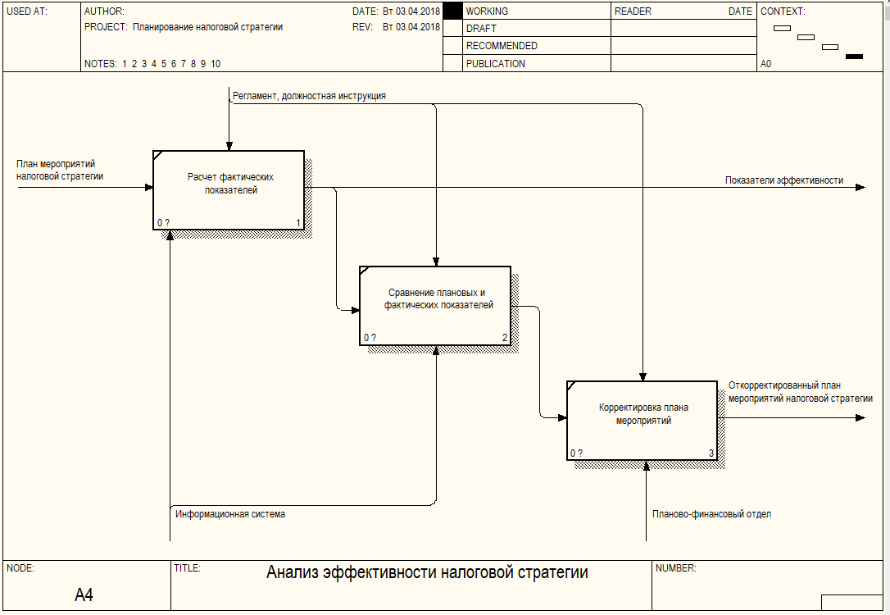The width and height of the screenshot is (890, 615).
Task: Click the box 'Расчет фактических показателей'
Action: tap(229, 190)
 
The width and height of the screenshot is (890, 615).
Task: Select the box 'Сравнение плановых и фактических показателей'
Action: tap(435, 306)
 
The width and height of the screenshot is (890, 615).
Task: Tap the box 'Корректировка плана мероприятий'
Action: tap(642, 420)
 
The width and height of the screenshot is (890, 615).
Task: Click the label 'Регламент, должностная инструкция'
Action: tap(309, 96)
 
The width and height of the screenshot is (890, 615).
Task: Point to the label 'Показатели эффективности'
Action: tap(783, 180)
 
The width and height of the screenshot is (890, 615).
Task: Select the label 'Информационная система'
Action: tap(230, 514)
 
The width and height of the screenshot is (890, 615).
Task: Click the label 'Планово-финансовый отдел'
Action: tap(712, 514)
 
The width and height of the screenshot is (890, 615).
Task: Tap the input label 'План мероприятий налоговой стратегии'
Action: tap(60, 170)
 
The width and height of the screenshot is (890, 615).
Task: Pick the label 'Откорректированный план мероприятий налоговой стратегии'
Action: tap(801, 392)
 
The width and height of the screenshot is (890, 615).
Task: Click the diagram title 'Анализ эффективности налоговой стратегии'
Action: tap(427, 572)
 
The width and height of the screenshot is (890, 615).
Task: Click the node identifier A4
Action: tap(84, 594)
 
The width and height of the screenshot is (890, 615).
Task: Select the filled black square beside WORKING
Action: tap(452, 11)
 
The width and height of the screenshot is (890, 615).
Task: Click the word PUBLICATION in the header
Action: tap(496, 64)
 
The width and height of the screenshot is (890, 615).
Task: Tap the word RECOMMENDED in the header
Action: tap(502, 45)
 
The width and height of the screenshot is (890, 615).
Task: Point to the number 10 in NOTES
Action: tap(216, 64)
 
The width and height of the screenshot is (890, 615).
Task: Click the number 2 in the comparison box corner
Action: tap(505, 337)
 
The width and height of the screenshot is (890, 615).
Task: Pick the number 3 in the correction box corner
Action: tap(711, 453)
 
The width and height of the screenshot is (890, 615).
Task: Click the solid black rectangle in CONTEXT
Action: tap(854, 57)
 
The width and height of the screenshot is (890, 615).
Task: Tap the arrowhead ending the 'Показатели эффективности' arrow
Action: tap(860, 188)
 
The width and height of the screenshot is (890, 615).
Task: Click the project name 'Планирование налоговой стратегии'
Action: tap(207, 27)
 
